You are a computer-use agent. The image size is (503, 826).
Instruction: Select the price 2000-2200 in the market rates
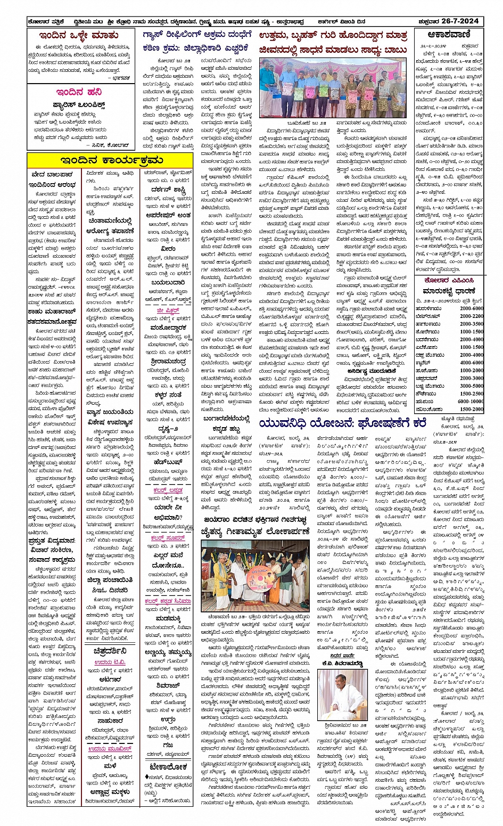(x=472, y=316)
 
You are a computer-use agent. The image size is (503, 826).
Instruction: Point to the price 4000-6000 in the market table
(x=472, y=362)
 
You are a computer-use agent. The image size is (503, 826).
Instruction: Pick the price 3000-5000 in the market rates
(x=472, y=386)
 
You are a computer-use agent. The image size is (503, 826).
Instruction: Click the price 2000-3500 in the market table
(x=472, y=324)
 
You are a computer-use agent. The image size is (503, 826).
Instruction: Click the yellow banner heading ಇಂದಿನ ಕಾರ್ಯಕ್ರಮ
(x=111, y=160)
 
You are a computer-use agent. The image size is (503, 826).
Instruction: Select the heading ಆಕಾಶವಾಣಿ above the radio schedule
(x=449, y=35)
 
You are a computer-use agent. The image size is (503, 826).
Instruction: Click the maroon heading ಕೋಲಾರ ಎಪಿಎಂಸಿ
(x=449, y=280)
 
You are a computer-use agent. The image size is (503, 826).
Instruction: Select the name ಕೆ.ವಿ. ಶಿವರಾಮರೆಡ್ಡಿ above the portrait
(x=342, y=664)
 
